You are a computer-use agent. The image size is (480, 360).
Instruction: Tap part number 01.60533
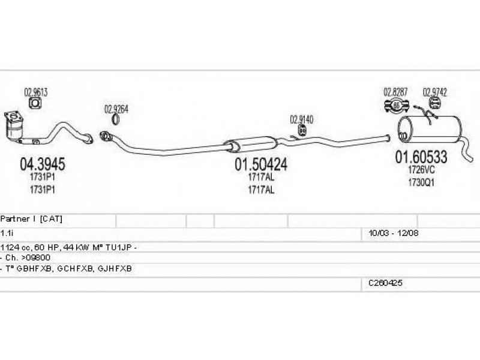(420, 157)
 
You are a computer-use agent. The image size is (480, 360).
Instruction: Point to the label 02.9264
(116, 109)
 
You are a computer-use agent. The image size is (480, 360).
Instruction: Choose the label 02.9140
(302, 119)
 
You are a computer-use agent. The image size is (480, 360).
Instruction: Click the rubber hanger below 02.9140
(304, 130)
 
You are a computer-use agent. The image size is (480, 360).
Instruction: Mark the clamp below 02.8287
(396, 107)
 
